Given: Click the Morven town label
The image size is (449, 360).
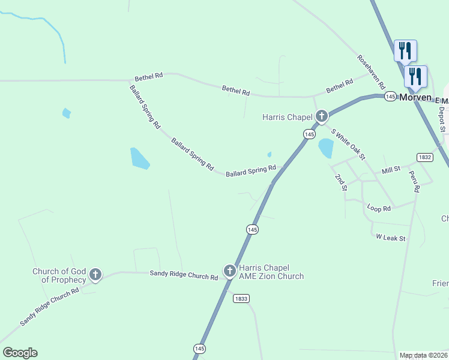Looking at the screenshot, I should tap(415, 97).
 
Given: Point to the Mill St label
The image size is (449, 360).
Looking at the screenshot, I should tap(391, 171).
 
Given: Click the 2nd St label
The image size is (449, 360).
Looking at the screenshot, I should tap(341, 182).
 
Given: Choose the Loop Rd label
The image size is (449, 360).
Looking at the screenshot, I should tap(379, 208).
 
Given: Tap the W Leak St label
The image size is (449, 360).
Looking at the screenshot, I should tap(391, 238).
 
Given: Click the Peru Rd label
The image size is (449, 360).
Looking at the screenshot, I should tap(414, 181).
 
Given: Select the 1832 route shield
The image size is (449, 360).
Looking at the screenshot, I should tap(425, 157).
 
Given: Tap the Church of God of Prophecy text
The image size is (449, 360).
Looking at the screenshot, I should tap(59, 275).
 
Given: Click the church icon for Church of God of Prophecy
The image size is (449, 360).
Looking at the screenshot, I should tap(95, 275).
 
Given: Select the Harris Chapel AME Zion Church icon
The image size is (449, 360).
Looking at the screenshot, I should tap(229, 271).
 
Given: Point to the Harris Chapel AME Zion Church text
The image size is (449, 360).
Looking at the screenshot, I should tap(271, 272).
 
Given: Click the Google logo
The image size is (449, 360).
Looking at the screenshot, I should tap(20, 353).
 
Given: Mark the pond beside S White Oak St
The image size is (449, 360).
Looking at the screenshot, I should tap(326, 148).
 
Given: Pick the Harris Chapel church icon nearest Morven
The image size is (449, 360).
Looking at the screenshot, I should tap(322, 116).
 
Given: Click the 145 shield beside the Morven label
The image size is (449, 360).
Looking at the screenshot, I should tap(390, 97).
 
